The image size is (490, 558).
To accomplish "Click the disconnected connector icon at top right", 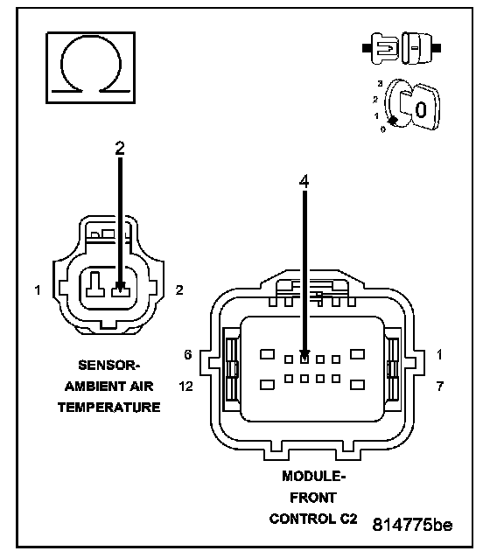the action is (402, 48).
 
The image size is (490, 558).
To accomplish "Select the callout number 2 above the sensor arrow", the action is (120, 148).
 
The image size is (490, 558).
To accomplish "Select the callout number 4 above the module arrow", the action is (304, 182).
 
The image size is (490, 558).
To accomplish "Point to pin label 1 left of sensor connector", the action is (38, 290).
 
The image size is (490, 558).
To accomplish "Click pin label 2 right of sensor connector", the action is (179, 290).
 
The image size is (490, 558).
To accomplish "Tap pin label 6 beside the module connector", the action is (187, 354).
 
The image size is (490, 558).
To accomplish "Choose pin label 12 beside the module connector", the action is (185, 386).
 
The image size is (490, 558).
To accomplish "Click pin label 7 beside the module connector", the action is (440, 386).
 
